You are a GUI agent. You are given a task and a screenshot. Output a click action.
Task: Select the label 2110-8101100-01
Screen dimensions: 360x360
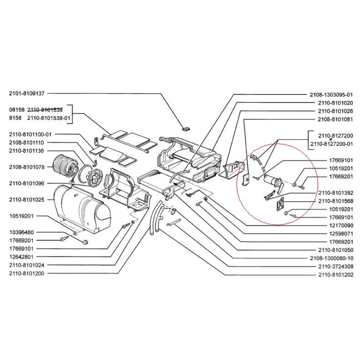coord(33,134)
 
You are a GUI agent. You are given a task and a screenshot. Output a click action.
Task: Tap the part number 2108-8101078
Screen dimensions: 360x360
coord(26,167)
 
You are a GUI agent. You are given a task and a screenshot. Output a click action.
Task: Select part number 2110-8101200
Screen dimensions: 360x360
coord(26,273)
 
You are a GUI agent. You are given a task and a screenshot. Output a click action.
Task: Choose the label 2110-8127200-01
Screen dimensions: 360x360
coord(332,144)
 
